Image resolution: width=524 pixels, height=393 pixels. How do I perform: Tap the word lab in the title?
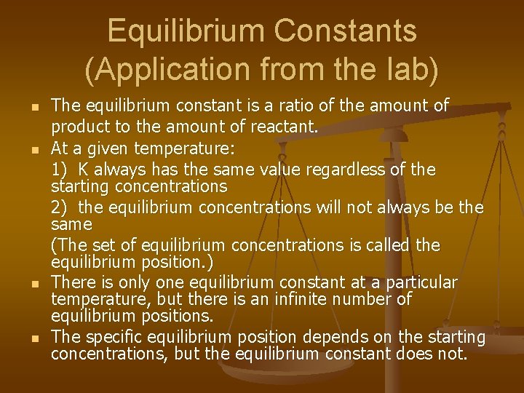click(410, 69)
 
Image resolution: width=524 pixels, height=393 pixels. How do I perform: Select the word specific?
click(114, 337)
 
